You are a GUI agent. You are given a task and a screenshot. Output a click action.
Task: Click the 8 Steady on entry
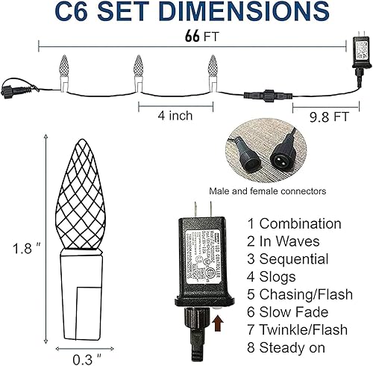[289, 349]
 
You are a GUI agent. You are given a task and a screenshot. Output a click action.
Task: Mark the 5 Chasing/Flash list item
[297, 295]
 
